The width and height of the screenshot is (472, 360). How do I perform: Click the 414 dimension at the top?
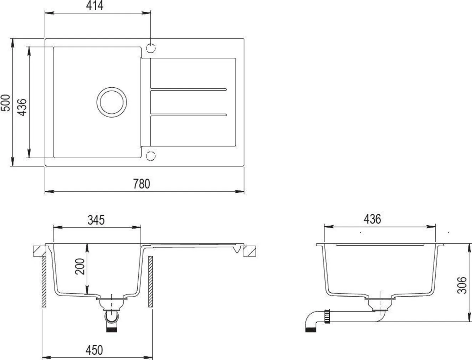pyautogui.click(x=95, y=6)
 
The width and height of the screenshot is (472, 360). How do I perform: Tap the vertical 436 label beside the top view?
pyautogui.click(x=22, y=107)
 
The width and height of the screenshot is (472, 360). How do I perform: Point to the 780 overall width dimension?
pyautogui.click(x=142, y=184)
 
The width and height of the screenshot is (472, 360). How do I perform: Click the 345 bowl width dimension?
pyautogui.click(x=96, y=220)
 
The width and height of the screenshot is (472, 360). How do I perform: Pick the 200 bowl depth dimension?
pyautogui.click(x=81, y=266)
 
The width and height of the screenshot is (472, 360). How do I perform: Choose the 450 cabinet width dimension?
pyautogui.click(x=94, y=350)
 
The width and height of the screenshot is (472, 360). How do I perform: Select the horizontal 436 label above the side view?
pyautogui.click(x=373, y=219)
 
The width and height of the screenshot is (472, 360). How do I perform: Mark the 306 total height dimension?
pyautogui.click(x=462, y=285)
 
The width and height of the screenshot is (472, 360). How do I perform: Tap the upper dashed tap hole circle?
pyautogui.click(x=151, y=48)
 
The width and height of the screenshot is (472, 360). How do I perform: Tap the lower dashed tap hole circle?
pyautogui.click(x=151, y=156)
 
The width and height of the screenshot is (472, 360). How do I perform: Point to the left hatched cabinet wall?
pyautogui.click(x=44, y=282)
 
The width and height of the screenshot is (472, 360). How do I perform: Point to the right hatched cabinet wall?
pyautogui.click(x=150, y=282)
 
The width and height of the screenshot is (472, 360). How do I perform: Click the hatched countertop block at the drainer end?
pyautogui.click(x=249, y=251)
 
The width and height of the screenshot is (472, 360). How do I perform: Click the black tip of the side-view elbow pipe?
pyautogui.click(x=311, y=330)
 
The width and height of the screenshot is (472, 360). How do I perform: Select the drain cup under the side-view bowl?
pyautogui.click(x=379, y=304)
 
